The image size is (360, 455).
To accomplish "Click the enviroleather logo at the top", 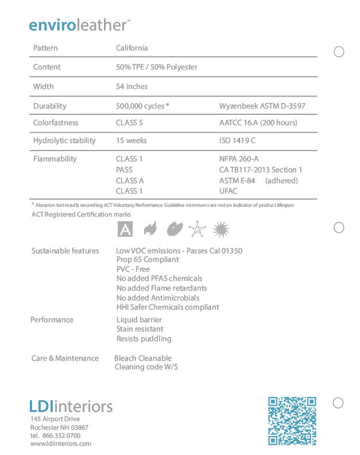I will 79,25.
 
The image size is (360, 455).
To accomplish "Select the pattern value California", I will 131,48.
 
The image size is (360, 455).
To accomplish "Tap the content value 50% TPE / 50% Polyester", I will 156,67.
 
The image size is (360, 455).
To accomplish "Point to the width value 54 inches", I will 131,87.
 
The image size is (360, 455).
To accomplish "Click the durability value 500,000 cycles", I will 141,106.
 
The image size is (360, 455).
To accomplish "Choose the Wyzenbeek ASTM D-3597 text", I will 262,106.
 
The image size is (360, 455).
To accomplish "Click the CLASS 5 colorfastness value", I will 129,123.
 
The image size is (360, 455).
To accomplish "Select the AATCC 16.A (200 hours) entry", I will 258,123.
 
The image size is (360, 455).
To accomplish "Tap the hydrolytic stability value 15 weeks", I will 131,141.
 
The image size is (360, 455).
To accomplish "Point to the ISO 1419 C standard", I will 237,141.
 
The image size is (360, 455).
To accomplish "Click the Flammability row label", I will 55,159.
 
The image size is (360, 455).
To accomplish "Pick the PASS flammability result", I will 124,170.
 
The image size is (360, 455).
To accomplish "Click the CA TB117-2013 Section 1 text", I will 261,170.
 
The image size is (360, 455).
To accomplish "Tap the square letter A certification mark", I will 125,230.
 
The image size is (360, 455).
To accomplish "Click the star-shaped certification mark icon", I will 197,230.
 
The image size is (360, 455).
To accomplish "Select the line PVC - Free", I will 133,269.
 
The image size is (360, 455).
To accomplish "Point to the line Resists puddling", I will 144,339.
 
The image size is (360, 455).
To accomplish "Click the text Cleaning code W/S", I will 146,367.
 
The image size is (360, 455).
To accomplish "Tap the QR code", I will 292,421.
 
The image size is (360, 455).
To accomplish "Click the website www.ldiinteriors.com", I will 60,444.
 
